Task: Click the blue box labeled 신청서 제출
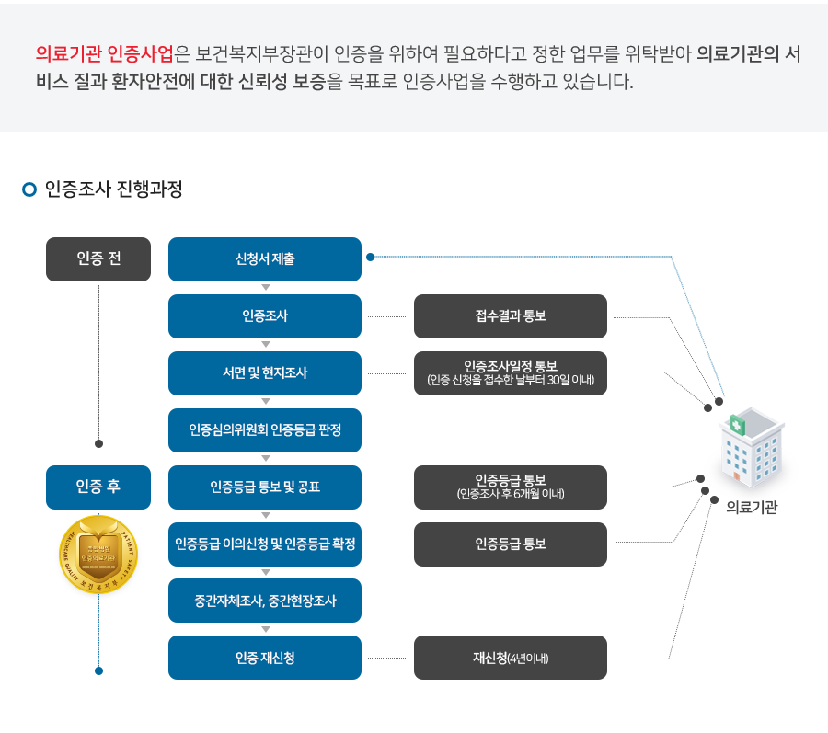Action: pos(265,259)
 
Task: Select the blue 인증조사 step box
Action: pos(265,316)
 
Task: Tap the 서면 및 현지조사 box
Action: pos(265,373)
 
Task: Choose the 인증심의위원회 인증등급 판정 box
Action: pos(265,430)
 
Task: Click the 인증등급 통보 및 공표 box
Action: pos(265,487)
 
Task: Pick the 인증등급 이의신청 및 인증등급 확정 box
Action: pos(265,544)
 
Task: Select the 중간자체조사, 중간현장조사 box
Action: pos(265,601)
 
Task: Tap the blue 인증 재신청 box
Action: pos(265,658)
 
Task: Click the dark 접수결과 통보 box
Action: pos(511,316)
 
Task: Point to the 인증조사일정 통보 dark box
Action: pos(511,373)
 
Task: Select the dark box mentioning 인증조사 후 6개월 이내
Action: pos(511,487)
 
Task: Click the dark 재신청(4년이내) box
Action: pos(511,658)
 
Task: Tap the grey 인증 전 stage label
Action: pos(98,259)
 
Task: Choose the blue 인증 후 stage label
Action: pos(98,487)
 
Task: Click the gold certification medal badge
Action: pos(98,555)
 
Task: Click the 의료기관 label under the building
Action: pos(752,507)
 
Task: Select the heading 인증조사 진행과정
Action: pos(114,189)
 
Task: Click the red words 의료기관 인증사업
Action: pos(103,54)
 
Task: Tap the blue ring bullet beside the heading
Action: pos(29,189)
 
